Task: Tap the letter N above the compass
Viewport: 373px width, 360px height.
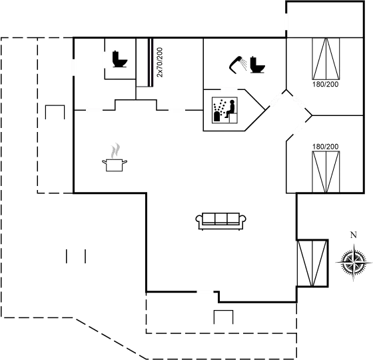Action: click(x=353, y=235)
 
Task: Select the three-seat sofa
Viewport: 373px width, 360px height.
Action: click(x=221, y=219)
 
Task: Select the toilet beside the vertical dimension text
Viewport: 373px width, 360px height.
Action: click(x=120, y=59)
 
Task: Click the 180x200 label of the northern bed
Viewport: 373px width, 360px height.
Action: click(x=324, y=85)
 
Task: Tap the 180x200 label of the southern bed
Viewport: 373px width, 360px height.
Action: click(x=324, y=145)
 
